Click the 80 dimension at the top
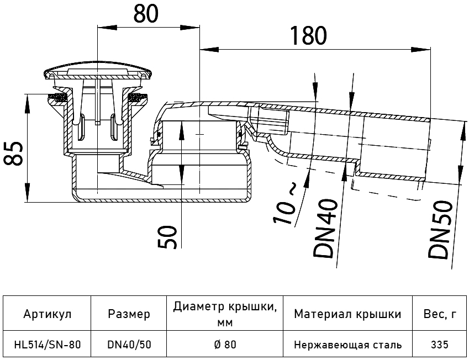pos(146,13)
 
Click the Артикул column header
pos(47,315)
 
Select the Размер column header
pos(129,315)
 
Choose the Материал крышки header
pos(347,315)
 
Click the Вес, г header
pos(439,315)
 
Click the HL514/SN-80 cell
pos(47,345)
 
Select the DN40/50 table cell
pos(129,345)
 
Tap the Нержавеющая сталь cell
pos(347,345)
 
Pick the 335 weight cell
pos(439,345)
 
